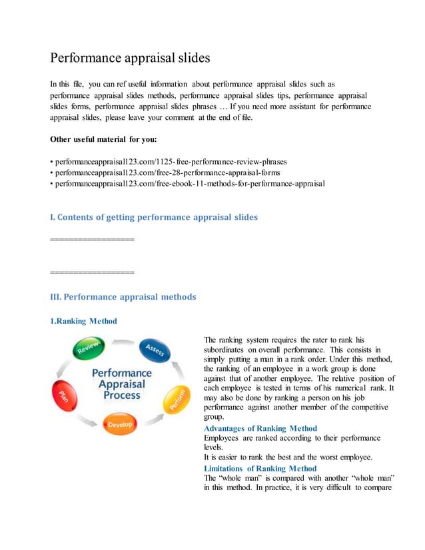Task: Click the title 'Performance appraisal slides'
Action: [130, 58]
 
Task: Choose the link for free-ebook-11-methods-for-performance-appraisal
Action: [190, 183]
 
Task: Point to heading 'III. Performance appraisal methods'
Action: [123, 297]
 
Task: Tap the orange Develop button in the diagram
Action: [121, 423]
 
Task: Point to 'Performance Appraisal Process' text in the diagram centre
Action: [121, 385]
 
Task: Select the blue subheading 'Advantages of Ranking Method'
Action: [260, 428]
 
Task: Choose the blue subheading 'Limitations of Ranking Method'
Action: [260, 469]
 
